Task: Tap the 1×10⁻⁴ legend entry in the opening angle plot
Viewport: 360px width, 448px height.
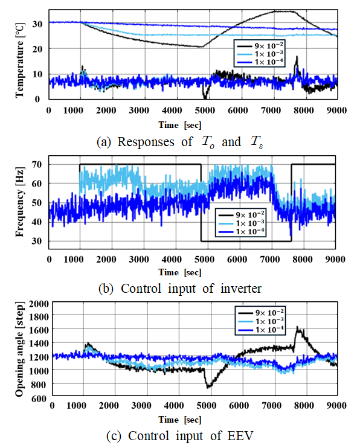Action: [x=261, y=330]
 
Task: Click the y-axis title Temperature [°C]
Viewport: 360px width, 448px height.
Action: [x=19, y=60]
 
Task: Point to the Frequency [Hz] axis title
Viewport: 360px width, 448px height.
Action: [x=19, y=202]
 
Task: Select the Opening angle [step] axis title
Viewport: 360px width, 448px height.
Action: [x=19, y=349]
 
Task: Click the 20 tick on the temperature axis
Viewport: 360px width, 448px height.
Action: [x=37, y=49]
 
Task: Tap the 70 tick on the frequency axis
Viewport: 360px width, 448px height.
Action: [x=37, y=165]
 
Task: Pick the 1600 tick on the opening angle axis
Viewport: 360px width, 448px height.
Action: [x=39, y=330]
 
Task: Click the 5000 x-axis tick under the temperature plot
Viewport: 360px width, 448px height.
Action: [x=205, y=110]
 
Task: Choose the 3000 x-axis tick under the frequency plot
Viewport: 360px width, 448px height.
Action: [x=139, y=259]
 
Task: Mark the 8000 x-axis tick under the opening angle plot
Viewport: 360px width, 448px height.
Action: [x=304, y=405]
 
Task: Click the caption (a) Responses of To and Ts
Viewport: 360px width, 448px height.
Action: [x=180, y=142]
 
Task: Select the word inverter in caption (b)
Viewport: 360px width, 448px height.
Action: [x=241, y=289]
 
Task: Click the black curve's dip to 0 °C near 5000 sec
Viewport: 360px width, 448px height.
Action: [x=205, y=98]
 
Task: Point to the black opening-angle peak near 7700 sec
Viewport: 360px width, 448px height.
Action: [x=297, y=327]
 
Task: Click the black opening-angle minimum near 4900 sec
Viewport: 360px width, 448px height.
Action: [x=208, y=387]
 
